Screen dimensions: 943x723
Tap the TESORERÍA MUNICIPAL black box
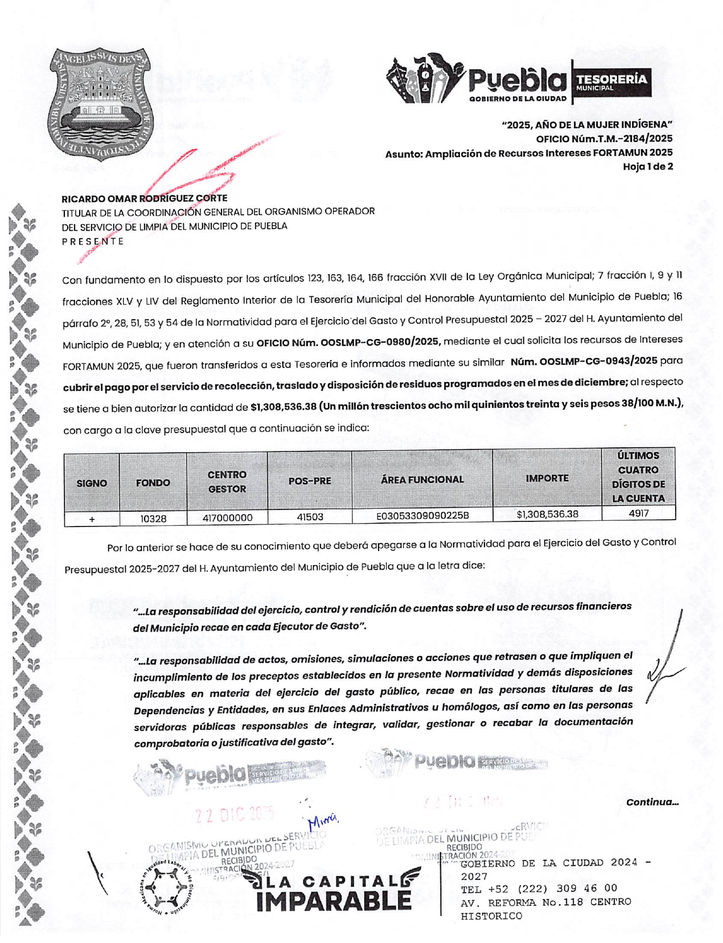tap(611, 83)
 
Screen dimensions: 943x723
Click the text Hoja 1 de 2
tap(647, 166)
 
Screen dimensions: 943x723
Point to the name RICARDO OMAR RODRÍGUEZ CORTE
tap(145, 198)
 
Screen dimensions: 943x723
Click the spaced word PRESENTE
tap(93, 241)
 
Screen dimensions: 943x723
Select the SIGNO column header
tap(92, 483)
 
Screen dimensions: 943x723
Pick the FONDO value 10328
tap(153, 519)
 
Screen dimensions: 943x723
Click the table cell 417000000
tap(227, 518)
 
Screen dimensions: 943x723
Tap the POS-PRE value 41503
tap(310, 517)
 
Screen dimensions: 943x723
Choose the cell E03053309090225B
tap(422, 516)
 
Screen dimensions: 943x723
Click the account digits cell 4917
tap(639, 513)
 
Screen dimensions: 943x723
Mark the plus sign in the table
tap(92, 519)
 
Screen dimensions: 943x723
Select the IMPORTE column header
tap(547, 478)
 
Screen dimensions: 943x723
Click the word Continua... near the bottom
tap(652, 802)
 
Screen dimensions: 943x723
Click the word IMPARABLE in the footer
tap(334, 900)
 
